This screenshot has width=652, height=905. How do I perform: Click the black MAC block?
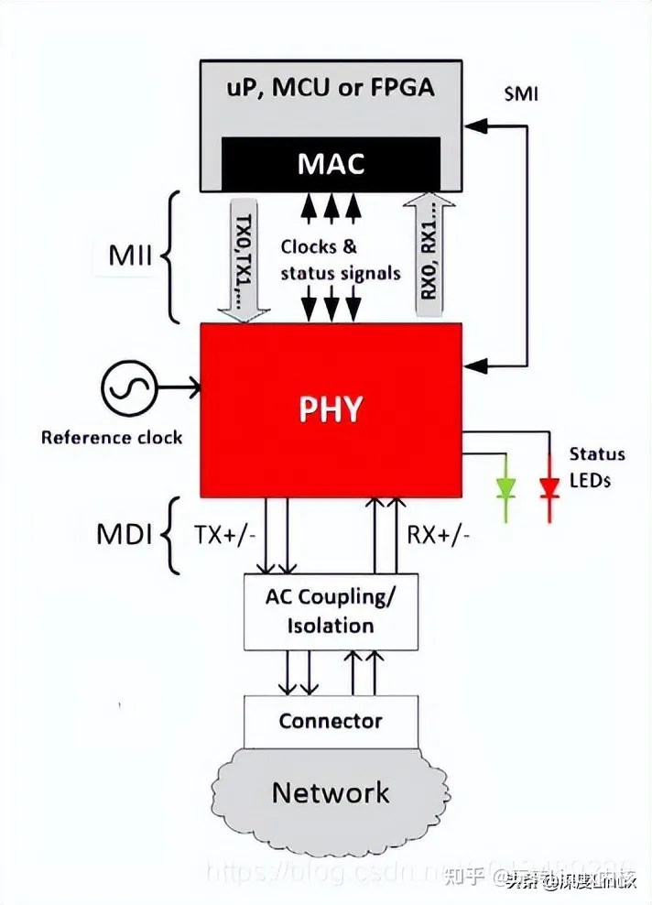click(x=331, y=163)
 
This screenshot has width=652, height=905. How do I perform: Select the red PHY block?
click(x=331, y=409)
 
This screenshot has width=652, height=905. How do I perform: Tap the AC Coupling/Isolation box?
click(x=331, y=611)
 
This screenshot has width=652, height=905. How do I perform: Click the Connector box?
click(x=331, y=721)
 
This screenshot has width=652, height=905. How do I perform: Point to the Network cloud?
click(x=331, y=791)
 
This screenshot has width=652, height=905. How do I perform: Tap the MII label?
click(x=130, y=256)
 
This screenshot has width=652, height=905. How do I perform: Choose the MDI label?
click(x=124, y=534)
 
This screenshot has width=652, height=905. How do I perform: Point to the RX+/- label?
click(x=439, y=534)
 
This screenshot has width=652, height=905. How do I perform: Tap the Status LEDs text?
click(x=596, y=466)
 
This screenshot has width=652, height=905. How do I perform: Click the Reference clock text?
click(x=112, y=437)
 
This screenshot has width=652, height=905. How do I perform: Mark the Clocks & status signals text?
click(x=340, y=259)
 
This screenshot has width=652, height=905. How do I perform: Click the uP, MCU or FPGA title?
click(x=331, y=88)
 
